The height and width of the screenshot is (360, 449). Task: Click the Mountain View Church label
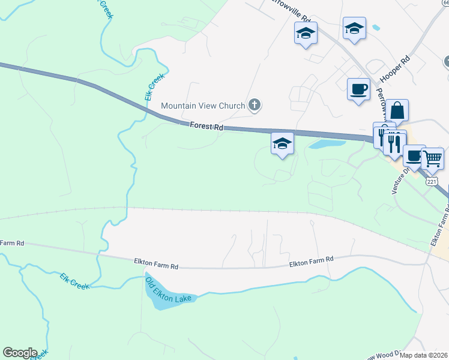(203, 106)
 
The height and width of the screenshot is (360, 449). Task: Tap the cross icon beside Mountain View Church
(255, 106)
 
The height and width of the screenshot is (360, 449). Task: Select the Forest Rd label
(206, 127)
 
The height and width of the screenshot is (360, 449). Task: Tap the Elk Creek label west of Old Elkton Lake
(75, 281)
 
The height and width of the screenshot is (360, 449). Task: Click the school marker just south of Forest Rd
(282, 144)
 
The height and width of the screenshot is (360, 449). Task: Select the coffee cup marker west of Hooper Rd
(359, 89)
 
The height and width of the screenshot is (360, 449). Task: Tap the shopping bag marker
(397, 111)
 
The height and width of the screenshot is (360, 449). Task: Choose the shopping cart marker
(432, 159)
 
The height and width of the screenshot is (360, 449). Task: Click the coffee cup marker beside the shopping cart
(414, 156)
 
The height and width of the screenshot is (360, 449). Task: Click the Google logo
(20, 353)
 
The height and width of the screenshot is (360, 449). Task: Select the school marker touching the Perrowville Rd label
(306, 34)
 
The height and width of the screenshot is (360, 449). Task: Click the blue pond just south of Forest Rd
(327, 144)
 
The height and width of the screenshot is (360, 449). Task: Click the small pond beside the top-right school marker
(376, 27)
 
